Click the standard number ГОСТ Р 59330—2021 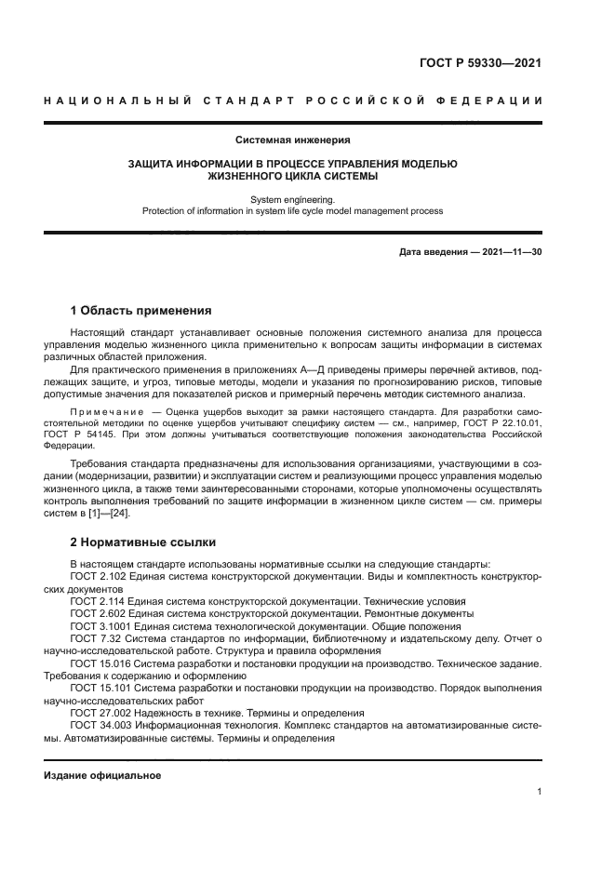click(x=478, y=64)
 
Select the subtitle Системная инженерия click(x=292, y=141)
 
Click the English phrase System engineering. click(x=292, y=199)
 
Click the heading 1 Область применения click(x=141, y=310)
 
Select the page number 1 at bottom click(x=539, y=792)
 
